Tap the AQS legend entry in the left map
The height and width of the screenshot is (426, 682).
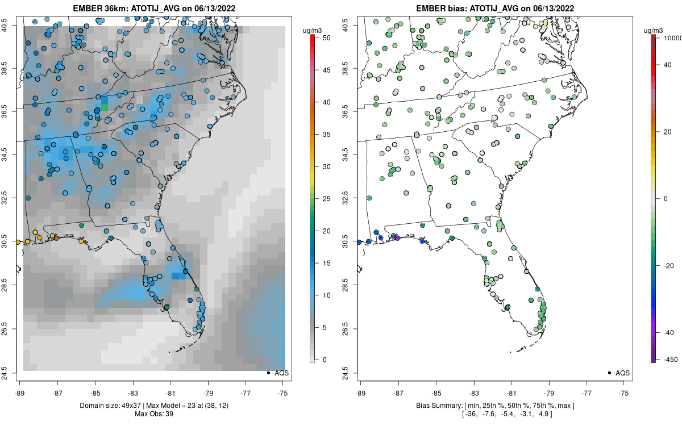pyautogui.click(x=282, y=373)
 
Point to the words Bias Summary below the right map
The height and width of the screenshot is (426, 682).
pyautogui.click(x=435, y=405)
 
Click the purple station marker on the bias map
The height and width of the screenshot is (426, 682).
pyautogui.click(x=398, y=238)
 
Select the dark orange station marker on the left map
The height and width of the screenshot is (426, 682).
pyautogui.click(x=56, y=238)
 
